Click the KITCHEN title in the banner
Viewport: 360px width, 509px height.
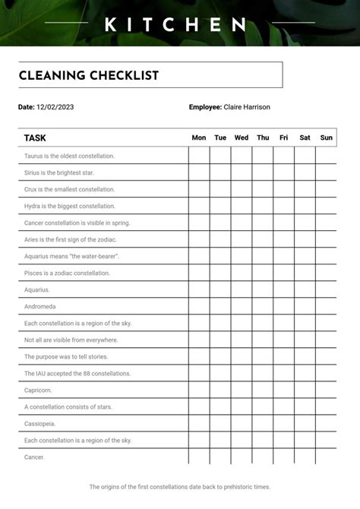175,25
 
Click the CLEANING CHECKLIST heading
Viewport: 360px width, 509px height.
89,75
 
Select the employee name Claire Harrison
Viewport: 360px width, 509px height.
247,107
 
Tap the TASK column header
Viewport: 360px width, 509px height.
35,138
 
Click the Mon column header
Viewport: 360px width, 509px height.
199,138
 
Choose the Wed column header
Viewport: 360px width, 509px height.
242,138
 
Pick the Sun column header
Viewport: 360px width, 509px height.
327,138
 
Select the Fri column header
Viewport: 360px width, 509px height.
283,138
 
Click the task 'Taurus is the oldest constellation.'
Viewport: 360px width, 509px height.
69,156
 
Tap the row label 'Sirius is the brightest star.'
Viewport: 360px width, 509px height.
59,172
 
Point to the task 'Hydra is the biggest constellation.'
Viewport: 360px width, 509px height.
70,206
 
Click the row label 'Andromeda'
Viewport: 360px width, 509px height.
39,306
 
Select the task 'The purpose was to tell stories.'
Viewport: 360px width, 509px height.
66,356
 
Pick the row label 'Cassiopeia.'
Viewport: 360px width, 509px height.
40,423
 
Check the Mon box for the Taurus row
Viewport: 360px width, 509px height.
199,155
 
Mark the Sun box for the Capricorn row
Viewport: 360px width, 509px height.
327,390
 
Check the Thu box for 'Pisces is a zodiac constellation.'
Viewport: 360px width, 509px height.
263,273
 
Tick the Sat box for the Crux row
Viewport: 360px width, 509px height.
305,189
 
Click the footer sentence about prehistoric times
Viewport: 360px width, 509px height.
180,487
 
